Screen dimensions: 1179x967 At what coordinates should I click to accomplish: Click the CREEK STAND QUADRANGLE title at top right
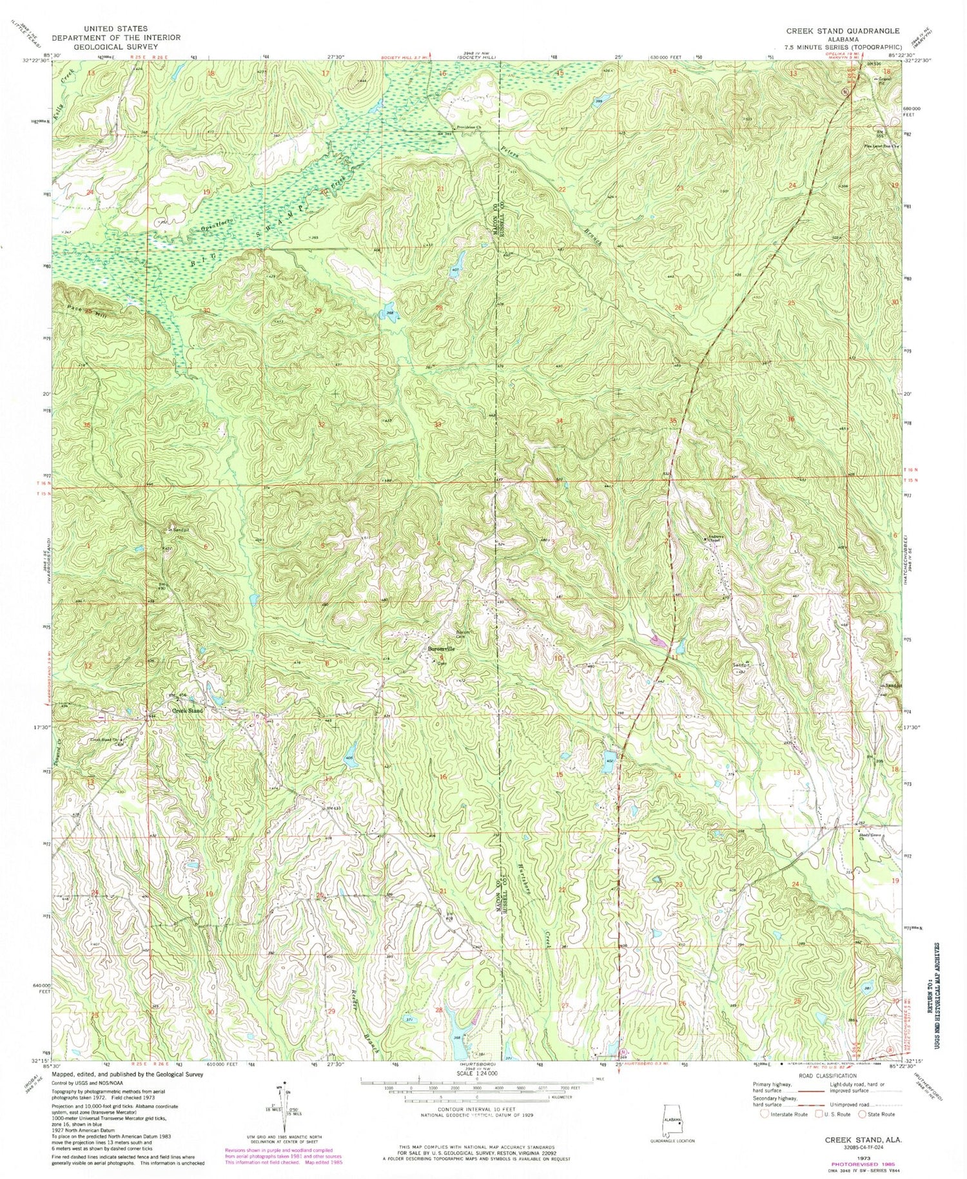tap(843, 30)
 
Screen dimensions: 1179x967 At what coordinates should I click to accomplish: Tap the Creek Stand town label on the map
tap(188, 711)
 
